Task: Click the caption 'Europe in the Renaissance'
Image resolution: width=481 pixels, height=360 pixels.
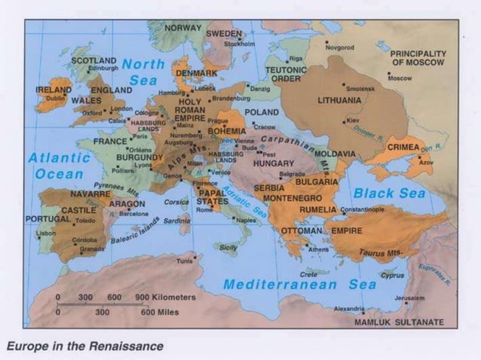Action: click(x=85, y=346)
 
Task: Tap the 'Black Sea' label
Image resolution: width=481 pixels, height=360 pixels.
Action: click(x=390, y=194)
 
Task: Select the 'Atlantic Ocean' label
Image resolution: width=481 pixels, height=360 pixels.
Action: click(x=59, y=166)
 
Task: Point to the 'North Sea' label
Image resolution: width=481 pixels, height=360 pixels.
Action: click(x=142, y=72)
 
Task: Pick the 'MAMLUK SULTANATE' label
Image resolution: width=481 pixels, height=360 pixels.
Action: click(x=400, y=322)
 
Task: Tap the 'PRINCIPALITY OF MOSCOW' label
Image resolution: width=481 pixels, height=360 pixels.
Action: click(x=418, y=58)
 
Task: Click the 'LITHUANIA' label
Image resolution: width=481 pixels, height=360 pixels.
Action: click(x=339, y=99)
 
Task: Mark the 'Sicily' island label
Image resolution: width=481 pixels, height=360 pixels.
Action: click(x=228, y=247)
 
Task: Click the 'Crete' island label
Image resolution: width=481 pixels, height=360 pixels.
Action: click(x=308, y=274)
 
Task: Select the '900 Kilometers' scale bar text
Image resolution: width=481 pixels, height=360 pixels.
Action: click(x=165, y=297)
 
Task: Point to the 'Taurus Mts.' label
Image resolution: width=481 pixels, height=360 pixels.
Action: click(x=381, y=253)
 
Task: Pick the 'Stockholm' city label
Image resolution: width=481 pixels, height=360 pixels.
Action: click(x=239, y=44)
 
